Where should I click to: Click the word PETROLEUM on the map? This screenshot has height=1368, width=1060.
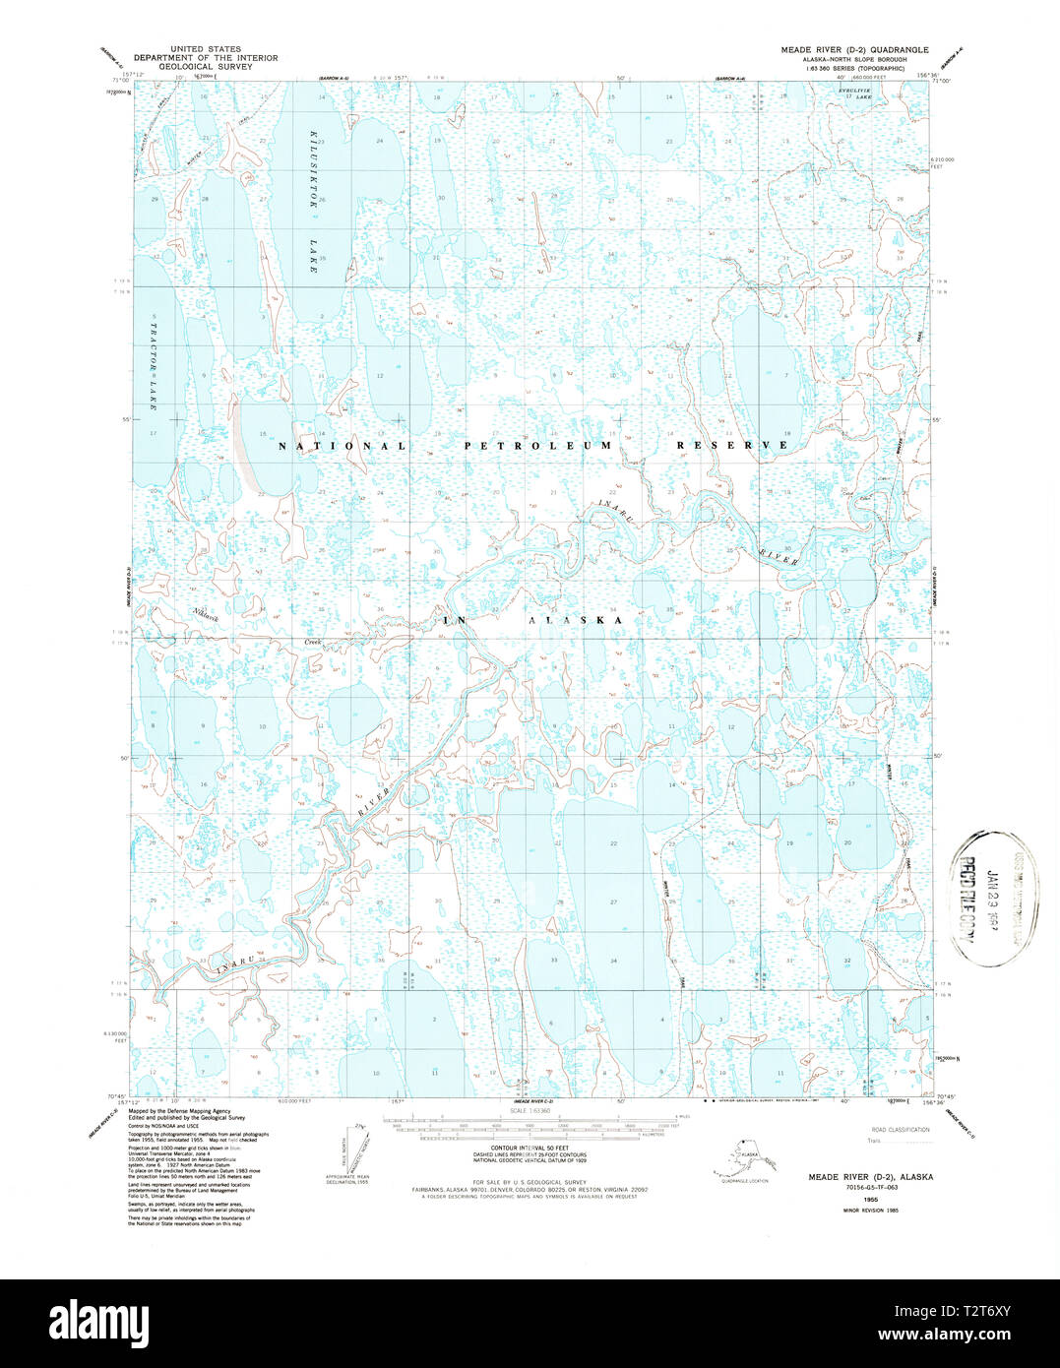point(538,446)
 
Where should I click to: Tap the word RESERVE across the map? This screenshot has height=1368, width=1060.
point(732,446)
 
